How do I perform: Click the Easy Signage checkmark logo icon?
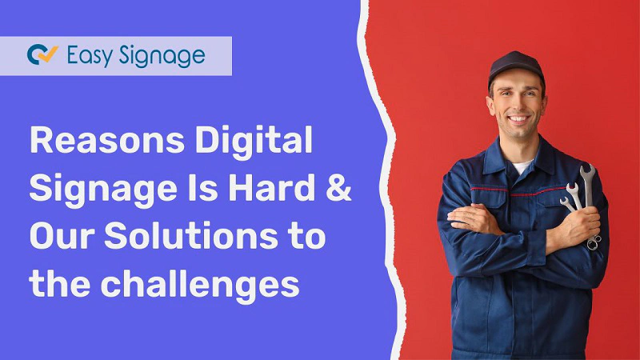42,55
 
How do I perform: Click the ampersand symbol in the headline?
339,190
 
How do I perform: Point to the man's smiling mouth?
518,118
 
